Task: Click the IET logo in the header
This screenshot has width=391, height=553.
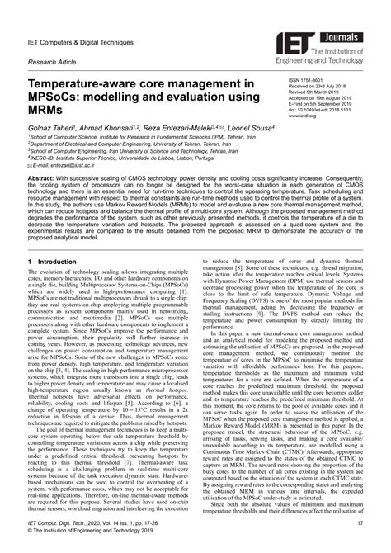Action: pos(299,25)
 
